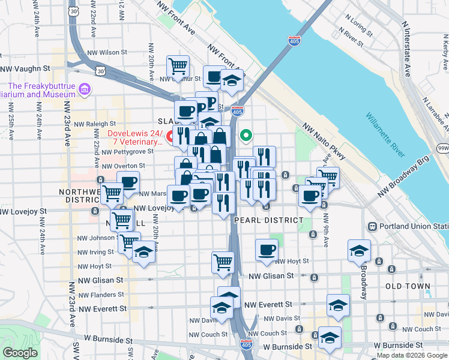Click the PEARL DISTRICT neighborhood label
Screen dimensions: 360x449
(x=268, y=220)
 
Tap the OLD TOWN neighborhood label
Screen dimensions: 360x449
(x=408, y=286)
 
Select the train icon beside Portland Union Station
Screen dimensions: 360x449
(x=372, y=227)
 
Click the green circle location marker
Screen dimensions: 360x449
(x=246, y=136)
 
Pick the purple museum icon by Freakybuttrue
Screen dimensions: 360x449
(x=85, y=90)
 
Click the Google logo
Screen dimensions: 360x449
(x=20, y=352)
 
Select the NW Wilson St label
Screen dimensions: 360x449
(x=106, y=52)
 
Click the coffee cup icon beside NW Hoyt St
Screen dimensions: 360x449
(x=267, y=251)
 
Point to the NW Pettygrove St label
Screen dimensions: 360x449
(x=127, y=151)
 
